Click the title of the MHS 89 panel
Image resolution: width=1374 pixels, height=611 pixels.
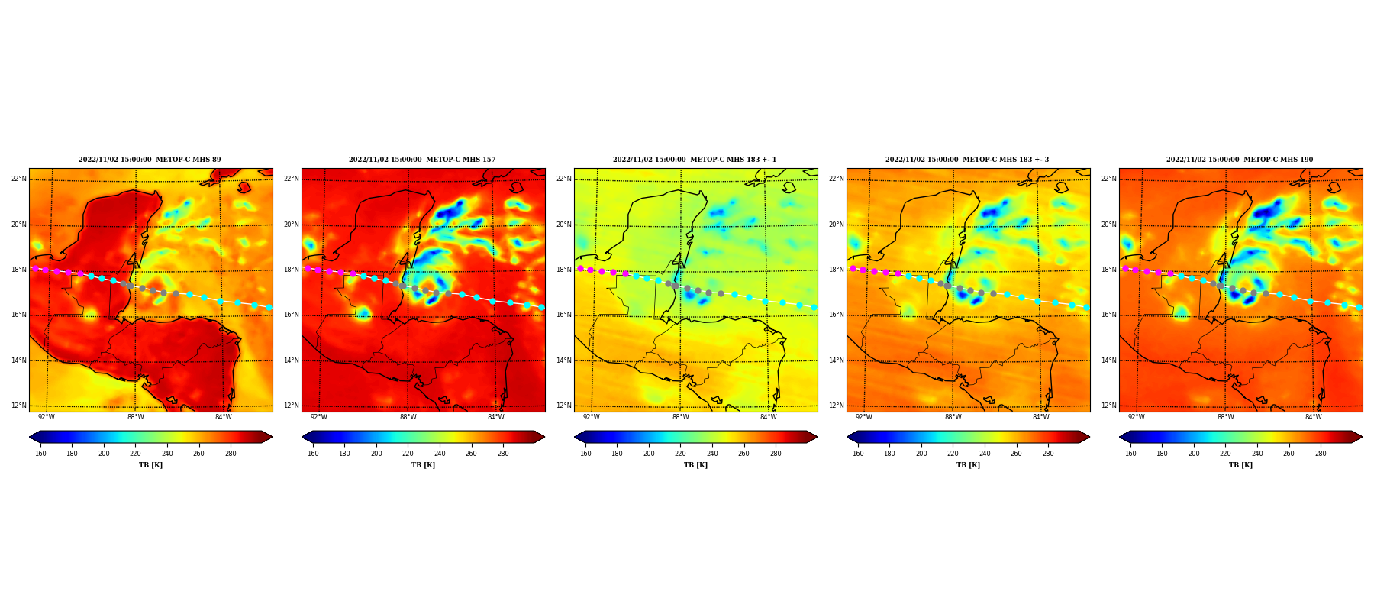(150, 160)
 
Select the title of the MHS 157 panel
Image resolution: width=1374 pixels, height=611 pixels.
(422, 160)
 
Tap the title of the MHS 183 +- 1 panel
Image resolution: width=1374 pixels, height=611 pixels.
(695, 160)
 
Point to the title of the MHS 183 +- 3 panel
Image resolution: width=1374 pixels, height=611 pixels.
(967, 160)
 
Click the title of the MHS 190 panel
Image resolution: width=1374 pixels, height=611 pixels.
(1240, 160)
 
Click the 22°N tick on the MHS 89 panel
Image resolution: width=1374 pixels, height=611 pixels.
(18, 179)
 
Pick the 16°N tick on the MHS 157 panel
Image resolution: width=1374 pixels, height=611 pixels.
(291, 315)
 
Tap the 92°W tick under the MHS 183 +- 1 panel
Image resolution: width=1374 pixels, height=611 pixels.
(592, 417)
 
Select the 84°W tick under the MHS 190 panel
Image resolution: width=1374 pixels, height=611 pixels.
(1314, 417)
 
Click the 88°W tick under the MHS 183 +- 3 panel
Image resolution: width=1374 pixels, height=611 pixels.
(953, 417)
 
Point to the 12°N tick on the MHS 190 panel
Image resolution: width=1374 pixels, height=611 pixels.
(1108, 406)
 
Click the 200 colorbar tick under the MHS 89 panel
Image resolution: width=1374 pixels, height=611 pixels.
(104, 454)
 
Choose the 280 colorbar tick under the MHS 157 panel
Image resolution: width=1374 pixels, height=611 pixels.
(503, 454)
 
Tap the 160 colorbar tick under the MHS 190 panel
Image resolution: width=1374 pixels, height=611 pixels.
(1130, 454)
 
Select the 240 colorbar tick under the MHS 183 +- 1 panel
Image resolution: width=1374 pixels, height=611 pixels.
(712, 454)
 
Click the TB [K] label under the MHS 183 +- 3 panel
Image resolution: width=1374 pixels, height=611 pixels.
(968, 465)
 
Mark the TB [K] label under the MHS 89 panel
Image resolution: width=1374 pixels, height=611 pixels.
(150, 465)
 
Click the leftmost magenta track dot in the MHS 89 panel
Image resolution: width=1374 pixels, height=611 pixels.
(35, 268)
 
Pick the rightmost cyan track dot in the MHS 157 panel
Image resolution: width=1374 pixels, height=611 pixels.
(541, 307)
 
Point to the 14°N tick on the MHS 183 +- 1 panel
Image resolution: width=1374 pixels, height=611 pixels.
(563, 360)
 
